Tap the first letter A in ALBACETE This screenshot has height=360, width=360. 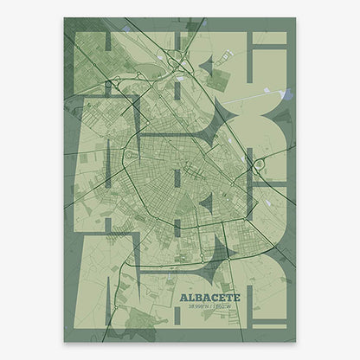click(183, 295)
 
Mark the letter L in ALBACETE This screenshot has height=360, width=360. click(190, 295)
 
